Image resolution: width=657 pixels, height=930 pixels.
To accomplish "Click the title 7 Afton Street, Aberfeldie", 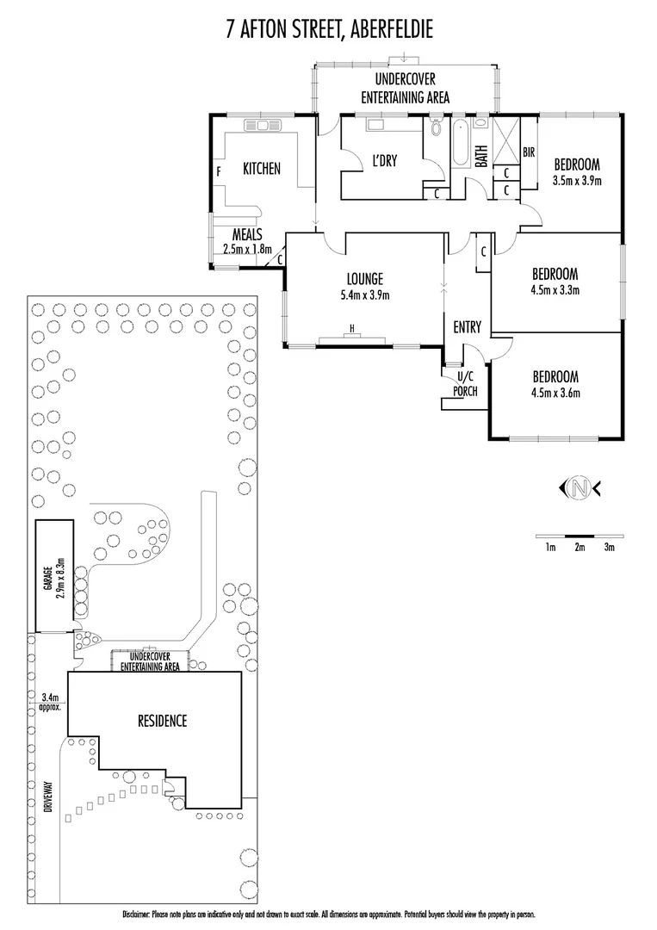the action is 328,31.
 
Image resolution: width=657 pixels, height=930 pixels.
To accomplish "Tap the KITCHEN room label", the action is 260,169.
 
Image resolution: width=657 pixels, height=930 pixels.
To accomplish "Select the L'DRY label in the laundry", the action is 383,160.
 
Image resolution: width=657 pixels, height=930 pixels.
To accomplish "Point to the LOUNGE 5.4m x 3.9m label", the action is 364,287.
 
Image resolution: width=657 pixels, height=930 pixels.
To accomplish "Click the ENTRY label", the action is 467,326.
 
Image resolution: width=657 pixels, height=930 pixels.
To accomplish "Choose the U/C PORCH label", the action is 465,385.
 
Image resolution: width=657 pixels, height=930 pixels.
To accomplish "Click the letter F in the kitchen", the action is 219,170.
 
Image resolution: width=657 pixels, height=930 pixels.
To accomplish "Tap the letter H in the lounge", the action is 351,328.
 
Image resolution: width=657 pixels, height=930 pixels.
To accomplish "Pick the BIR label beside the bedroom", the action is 529,152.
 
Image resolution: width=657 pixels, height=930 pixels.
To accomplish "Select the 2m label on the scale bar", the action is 580,547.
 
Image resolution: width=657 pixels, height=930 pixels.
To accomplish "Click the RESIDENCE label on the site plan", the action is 162,722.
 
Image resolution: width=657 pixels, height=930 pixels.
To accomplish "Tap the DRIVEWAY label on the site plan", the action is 49,797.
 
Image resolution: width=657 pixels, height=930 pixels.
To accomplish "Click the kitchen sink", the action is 260,126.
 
